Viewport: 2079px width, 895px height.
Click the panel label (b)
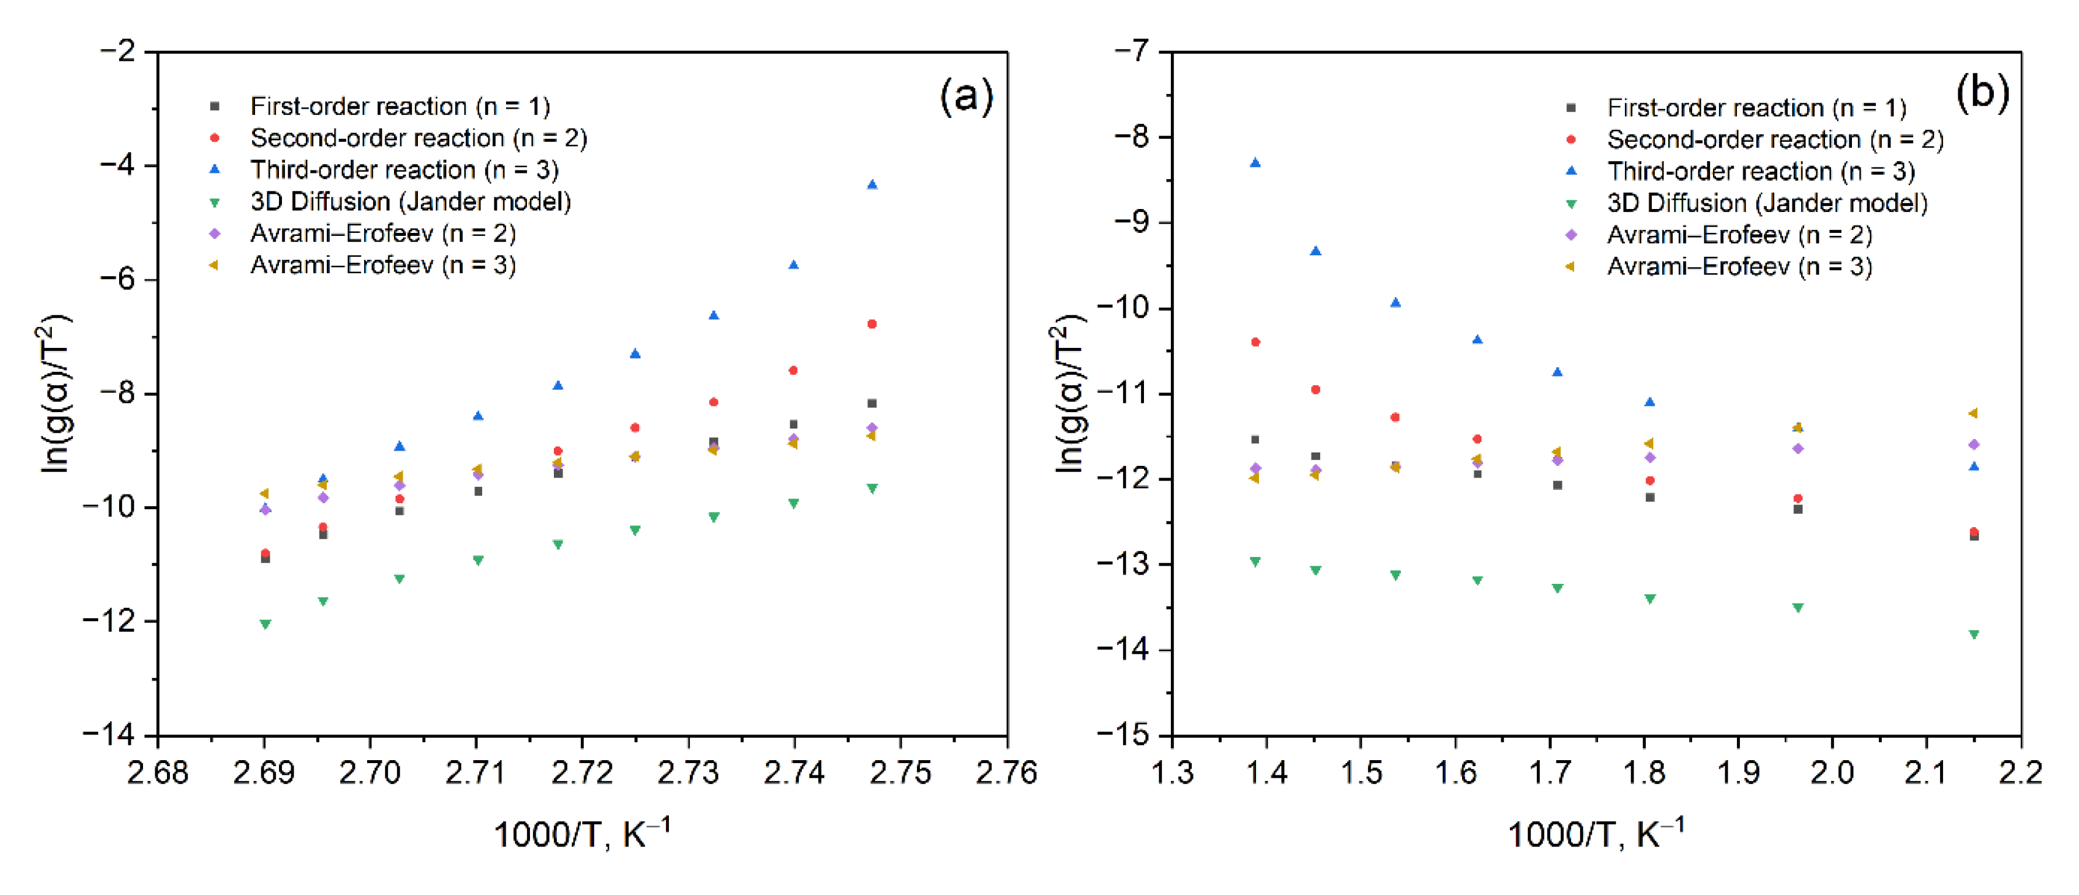pos(1982,93)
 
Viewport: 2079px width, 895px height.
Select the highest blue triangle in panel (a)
pos(871,185)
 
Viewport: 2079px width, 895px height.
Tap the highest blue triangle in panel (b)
pos(1255,163)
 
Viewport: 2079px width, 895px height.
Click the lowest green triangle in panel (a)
pos(265,624)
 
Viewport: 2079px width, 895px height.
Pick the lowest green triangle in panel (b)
pos(1974,635)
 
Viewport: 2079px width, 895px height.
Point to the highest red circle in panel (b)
pos(1255,342)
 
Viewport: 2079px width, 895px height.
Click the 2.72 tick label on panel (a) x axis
pos(582,773)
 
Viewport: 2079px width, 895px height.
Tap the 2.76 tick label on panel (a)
pos(1006,773)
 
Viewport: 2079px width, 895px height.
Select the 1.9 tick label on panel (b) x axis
pos(1738,773)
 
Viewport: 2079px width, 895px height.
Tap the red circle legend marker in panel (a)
pos(215,138)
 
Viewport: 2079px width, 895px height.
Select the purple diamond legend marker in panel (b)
pos(1571,235)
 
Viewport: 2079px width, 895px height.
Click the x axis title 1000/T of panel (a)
pos(581,834)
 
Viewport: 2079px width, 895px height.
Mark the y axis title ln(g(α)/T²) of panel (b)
pos(1069,394)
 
